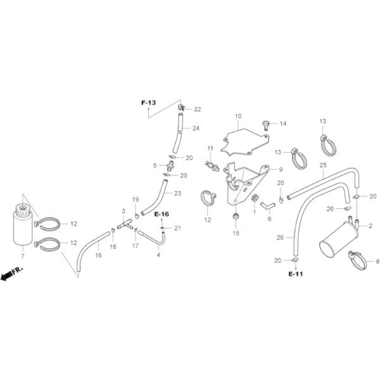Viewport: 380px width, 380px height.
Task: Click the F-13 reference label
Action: pos(148,101)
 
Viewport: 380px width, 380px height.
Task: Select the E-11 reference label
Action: pos(295,274)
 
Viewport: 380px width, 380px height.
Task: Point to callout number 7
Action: pos(23,255)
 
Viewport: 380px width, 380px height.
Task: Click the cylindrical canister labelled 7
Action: pos(23,225)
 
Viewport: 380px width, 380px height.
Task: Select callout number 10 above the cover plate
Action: pos(239,117)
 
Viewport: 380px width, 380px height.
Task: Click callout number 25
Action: pos(322,166)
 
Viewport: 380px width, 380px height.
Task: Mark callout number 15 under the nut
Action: pos(236,233)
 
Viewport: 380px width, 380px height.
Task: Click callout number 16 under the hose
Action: pos(98,255)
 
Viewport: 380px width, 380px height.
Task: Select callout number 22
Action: pos(197,110)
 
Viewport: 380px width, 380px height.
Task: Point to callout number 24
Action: pos(196,129)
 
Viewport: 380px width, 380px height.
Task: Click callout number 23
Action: pos(177,193)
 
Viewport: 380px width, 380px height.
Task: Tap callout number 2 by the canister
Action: pos(370,226)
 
